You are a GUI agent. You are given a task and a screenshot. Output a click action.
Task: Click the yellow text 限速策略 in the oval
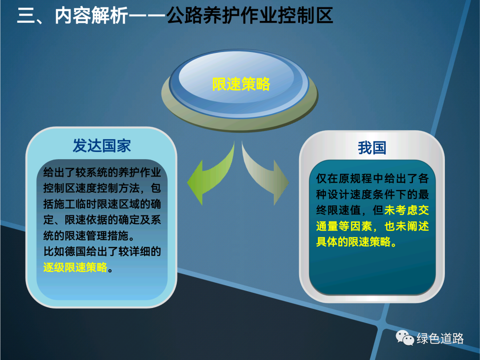pos(241,84)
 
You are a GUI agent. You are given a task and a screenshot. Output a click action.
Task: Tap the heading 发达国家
pos(102,146)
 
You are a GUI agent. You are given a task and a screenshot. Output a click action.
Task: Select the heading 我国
pos(372,148)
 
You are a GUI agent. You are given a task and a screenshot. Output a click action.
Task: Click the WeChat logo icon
pos(405,338)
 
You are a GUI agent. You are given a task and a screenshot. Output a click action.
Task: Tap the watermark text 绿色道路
pos(440,338)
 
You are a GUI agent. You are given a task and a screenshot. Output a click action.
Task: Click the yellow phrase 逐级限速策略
pos(75,267)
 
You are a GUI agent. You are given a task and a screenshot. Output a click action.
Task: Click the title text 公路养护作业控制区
pos(250,15)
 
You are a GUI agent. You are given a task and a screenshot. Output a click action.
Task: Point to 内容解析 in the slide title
pos(91,15)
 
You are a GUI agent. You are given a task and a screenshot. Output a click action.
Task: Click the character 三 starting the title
pos(26,15)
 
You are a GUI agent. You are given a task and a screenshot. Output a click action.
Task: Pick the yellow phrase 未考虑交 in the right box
pos(407,210)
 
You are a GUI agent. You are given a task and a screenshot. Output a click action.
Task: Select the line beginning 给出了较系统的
pos(102,172)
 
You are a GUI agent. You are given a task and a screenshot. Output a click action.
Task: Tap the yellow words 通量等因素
pos(344,226)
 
